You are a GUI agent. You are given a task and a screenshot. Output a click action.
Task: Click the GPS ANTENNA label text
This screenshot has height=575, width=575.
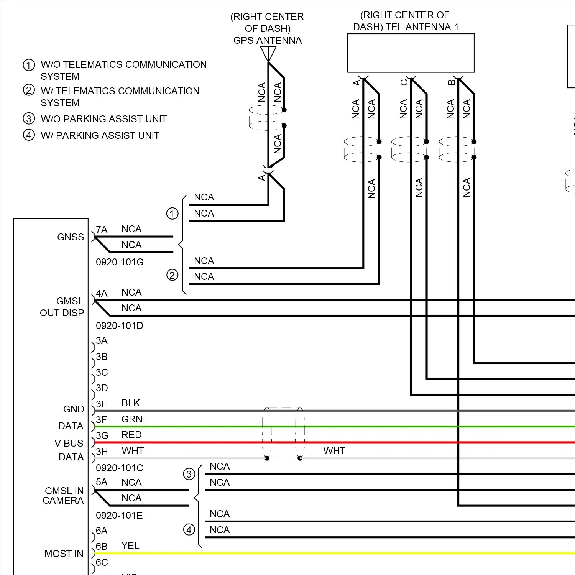point(268,40)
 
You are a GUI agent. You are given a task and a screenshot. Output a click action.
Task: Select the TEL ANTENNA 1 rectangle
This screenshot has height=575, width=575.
point(411,53)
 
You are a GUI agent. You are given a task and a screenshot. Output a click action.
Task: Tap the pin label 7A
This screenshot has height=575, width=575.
point(102,230)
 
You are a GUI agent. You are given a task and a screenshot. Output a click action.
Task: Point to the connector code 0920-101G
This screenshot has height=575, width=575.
point(120,262)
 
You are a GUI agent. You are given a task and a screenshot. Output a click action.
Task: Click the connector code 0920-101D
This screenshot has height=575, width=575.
point(120,325)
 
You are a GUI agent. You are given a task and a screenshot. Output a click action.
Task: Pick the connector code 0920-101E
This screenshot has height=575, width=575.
point(119,515)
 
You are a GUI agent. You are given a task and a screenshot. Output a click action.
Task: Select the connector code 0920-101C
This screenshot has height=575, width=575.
point(120,468)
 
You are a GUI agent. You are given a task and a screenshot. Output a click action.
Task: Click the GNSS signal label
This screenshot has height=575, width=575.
point(71,237)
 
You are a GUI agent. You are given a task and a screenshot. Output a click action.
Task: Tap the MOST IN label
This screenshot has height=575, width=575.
point(64,554)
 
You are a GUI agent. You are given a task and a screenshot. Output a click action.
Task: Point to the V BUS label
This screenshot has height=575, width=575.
point(69,443)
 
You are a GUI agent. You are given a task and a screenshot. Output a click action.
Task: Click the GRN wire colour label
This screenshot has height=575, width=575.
point(132,419)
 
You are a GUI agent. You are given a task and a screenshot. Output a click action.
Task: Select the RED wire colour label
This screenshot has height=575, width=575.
point(131,435)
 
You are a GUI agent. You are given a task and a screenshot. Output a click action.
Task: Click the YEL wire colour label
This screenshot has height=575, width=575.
point(130,545)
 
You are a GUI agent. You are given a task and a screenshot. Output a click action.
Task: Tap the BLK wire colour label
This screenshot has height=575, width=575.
point(131,403)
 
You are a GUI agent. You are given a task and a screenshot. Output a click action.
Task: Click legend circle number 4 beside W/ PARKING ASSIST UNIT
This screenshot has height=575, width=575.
point(29,135)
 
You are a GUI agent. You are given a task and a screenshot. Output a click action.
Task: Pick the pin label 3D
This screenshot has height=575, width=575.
point(102,388)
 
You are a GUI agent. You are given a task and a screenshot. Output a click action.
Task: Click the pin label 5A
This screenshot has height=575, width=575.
point(102,482)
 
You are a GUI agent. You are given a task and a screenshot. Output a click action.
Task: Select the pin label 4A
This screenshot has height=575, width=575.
point(102,293)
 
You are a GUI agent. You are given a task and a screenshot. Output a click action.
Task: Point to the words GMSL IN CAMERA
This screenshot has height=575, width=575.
point(63,496)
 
